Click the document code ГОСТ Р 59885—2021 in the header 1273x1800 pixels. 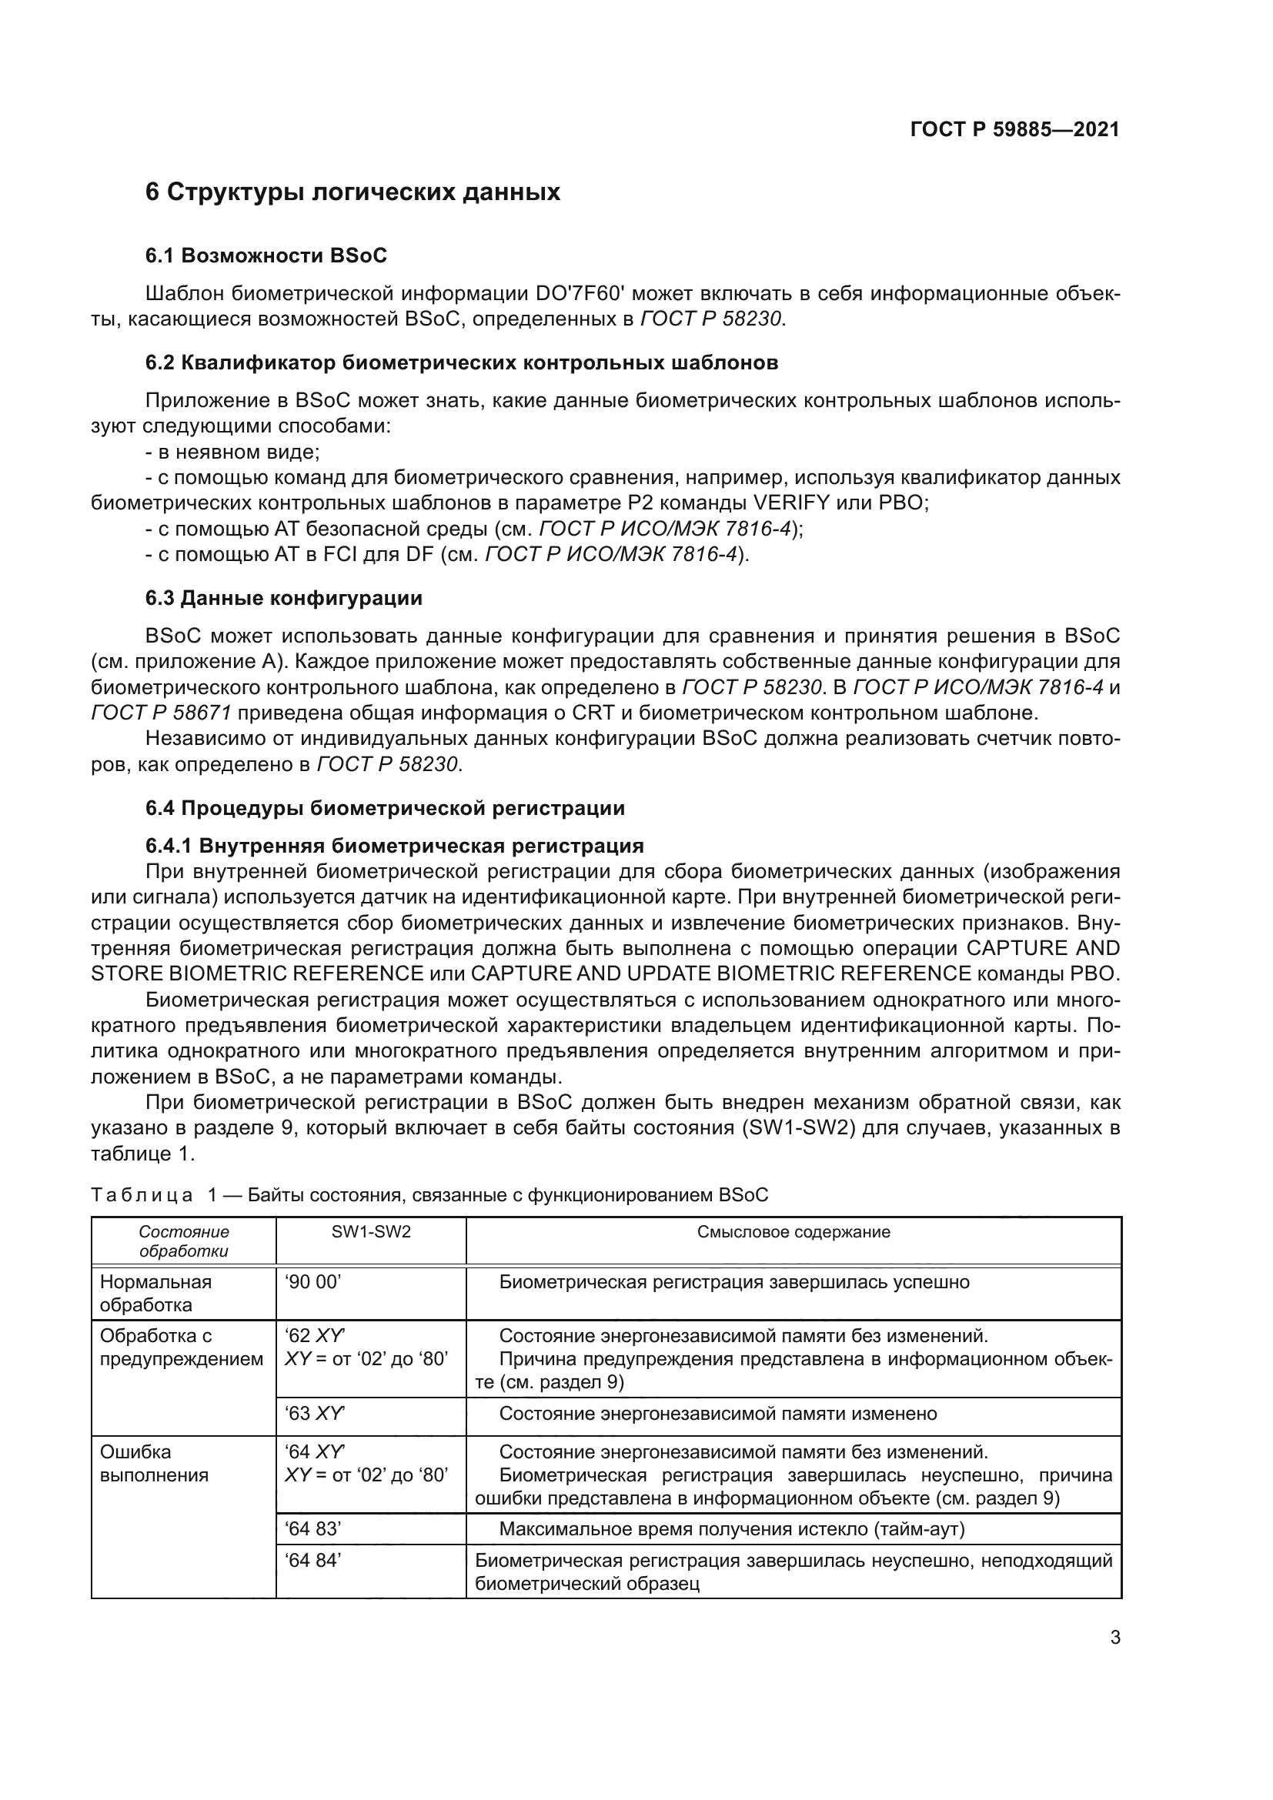click(1014, 129)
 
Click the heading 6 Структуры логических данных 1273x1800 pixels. click(352, 192)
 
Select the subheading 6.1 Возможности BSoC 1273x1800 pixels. click(266, 255)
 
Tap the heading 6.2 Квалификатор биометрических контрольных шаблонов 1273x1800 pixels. click(462, 362)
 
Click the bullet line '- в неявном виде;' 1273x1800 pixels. click(232, 452)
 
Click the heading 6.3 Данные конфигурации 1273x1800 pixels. click(284, 598)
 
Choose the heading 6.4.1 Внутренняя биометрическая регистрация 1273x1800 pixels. click(394, 845)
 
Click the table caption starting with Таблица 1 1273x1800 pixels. click(429, 1195)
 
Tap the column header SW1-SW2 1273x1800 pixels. click(371, 1231)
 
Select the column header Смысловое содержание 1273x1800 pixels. click(794, 1231)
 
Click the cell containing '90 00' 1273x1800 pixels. click(313, 1283)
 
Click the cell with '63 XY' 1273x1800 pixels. click(315, 1414)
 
